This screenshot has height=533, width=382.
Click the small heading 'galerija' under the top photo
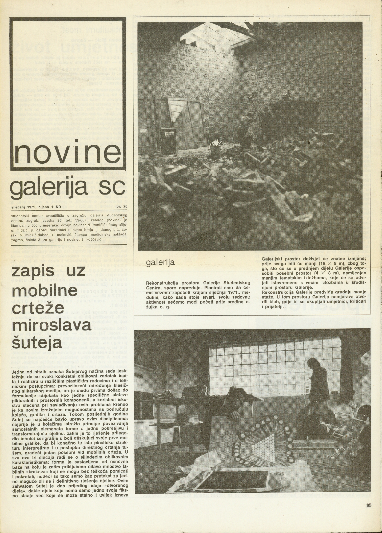(160, 262)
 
